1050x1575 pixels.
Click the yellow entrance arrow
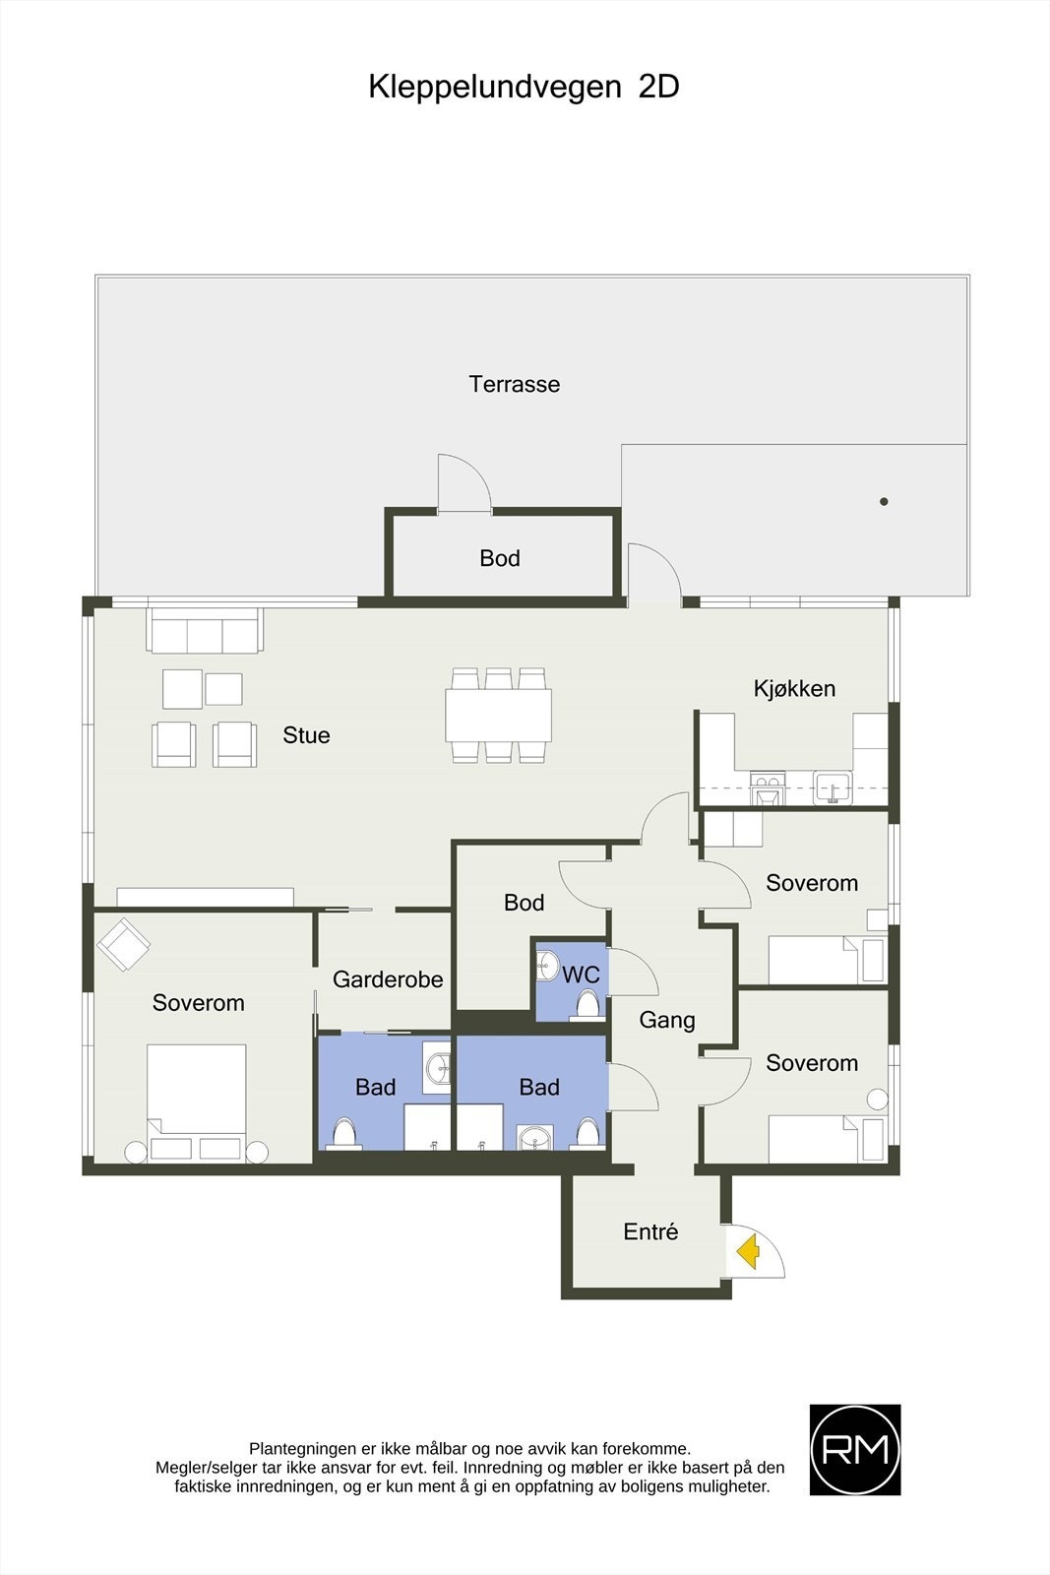point(749,1251)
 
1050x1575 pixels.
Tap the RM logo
point(854,1449)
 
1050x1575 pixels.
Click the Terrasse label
point(515,384)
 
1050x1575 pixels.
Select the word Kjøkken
point(794,688)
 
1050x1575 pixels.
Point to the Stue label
point(306,734)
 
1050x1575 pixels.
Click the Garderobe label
point(388,978)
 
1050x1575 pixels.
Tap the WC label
point(582,974)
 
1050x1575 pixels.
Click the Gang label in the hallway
point(667,1020)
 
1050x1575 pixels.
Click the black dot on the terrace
point(884,501)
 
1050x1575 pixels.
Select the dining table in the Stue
point(498,715)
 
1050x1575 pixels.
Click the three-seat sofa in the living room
point(206,631)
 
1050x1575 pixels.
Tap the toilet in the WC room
point(587,1004)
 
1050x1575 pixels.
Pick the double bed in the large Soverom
point(197,1102)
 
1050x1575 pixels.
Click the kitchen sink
point(833,788)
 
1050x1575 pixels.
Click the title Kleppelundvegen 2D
point(524,88)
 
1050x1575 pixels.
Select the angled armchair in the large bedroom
point(123,944)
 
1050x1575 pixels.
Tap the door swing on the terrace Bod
point(463,481)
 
